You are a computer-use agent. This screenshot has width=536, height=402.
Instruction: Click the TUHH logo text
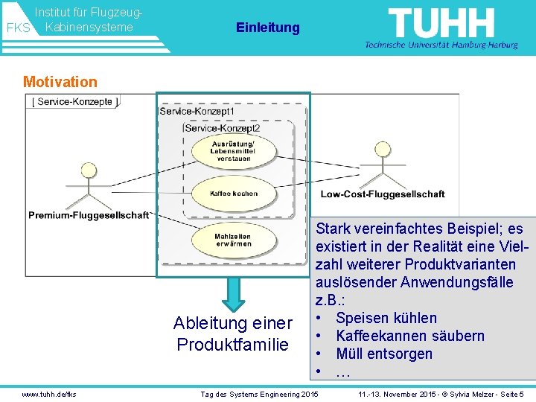click(x=441, y=24)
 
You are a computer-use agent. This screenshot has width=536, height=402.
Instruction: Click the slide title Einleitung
click(x=267, y=28)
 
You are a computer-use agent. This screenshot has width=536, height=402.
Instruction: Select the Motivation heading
click(x=60, y=82)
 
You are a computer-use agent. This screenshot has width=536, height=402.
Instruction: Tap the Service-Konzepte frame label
click(x=74, y=102)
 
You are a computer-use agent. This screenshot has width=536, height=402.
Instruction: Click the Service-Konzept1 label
click(x=197, y=111)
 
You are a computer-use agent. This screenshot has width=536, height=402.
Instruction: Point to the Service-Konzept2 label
click(x=223, y=128)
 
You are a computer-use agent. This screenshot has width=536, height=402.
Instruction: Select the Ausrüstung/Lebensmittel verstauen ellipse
click(x=234, y=151)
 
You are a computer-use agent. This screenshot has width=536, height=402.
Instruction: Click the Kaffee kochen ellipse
click(x=234, y=194)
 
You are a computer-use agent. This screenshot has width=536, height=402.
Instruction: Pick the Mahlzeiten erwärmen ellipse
click(x=233, y=240)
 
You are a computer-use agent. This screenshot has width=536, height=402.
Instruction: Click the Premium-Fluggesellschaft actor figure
click(x=89, y=185)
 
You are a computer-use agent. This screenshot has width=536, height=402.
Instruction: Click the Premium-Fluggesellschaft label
click(x=89, y=216)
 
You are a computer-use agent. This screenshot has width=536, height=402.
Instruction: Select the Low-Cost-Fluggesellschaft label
click(x=383, y=194)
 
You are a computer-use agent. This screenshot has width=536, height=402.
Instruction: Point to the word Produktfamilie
click(x=232, y=345)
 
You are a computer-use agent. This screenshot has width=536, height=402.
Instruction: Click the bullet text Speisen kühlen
click(x=386, y=318)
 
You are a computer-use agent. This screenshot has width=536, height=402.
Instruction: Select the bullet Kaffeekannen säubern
click(x=410, y=336)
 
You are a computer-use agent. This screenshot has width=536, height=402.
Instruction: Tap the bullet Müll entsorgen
click(x=384, y=354)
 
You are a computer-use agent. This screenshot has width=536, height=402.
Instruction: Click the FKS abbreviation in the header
click(x=18, y=28)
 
